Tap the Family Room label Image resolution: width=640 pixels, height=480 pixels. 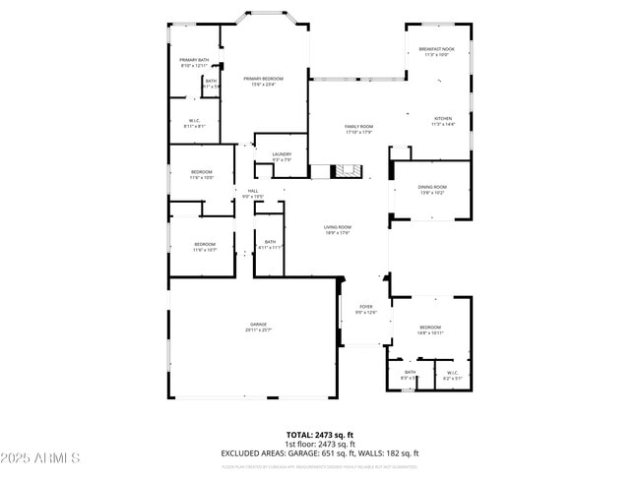[358, 129]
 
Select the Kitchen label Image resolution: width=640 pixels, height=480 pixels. [444, 120]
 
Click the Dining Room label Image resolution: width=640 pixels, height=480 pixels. [433, 189]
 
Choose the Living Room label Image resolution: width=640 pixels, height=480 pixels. [338, 229]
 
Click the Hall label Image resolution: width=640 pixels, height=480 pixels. [253, 193]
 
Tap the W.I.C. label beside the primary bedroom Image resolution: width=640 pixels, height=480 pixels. [194, 123]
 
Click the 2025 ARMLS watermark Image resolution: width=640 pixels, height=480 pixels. [41, 458]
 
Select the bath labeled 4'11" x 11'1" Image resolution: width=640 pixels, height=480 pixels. [270, 245]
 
